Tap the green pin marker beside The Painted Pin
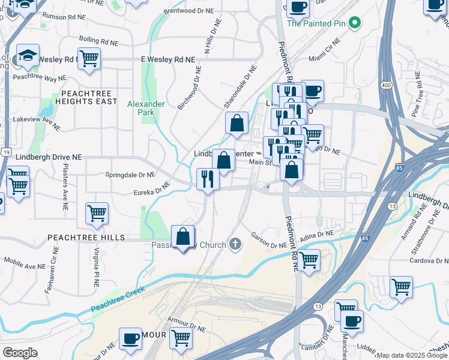click(355, 23)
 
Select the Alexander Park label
click(146, 108)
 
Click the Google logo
click(20, 353)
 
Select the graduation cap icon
click(28, 56)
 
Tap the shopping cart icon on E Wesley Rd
click(89, 59)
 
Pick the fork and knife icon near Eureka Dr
click(208, 179)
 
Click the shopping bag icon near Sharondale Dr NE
click(237, 123)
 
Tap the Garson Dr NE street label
click(270, 245)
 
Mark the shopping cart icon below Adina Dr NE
click(309, 260)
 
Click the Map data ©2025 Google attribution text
click(412, 355)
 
